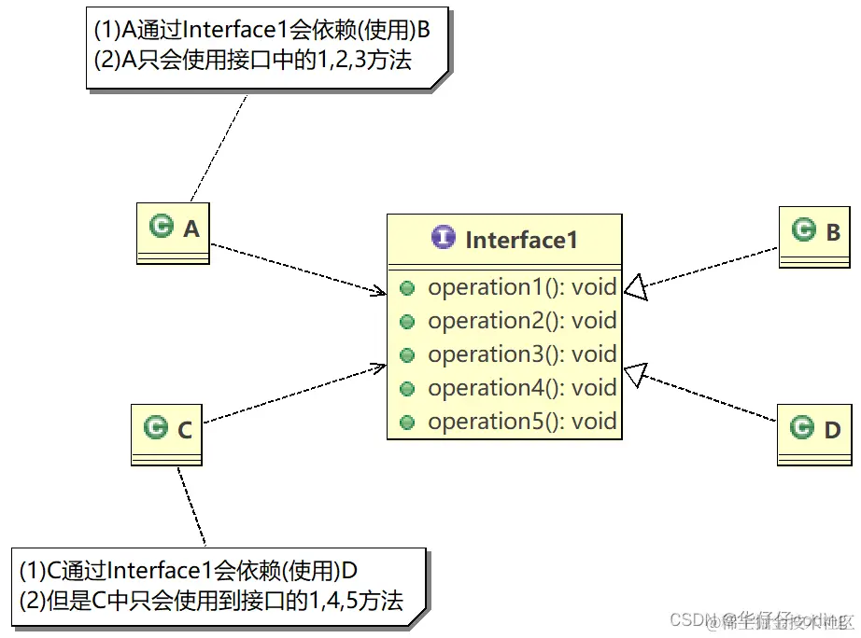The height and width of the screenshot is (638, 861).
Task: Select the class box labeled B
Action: click(815, 237)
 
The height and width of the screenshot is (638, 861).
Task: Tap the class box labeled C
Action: click(167, 434)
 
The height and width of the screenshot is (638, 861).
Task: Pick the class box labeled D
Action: click(815, 434)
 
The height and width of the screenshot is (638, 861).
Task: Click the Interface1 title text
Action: click(521, 240)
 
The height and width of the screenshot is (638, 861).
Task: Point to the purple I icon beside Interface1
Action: click(444, 239)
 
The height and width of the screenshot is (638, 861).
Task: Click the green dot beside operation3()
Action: click(407, 355)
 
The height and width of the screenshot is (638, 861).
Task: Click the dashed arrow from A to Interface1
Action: click(299, 270)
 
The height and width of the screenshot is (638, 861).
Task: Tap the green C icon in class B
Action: click(802, 229)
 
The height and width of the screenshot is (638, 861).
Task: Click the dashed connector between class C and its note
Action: click(191, 508)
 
